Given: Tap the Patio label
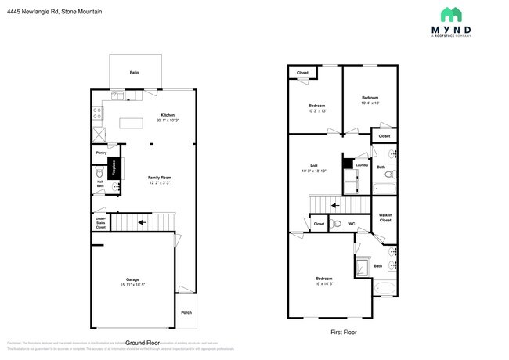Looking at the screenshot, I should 135,72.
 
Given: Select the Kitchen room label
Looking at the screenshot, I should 168,116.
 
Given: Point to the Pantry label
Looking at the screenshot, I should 102,153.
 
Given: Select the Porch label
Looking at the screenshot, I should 186,312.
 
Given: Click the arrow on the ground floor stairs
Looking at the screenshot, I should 142,222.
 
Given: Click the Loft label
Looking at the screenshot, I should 314,166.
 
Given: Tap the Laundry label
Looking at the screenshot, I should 361,165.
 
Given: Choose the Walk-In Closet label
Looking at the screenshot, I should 385,218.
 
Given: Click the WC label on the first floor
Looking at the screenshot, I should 352,225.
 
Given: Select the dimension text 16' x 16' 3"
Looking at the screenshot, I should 323,283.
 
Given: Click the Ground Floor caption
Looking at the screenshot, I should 143,343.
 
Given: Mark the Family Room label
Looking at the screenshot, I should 160,178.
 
